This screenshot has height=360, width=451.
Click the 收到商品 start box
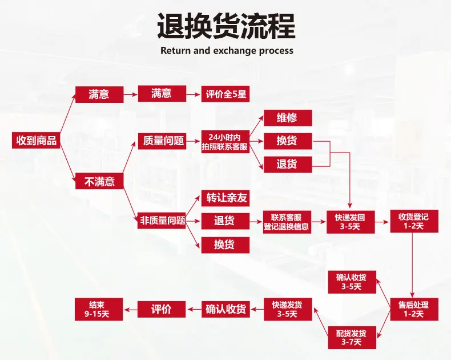tap(37, 141)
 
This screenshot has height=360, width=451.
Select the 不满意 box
tap(99, 182)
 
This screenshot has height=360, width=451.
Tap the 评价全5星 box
tap(226, 94)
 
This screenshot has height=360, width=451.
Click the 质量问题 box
tap(162, 141)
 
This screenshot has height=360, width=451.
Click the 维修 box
tap(287, 118)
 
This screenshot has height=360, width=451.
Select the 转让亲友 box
tap(226, 198)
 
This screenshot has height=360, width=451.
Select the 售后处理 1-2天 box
tap(414, 309)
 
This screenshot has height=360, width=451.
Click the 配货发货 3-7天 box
tap(352, 338)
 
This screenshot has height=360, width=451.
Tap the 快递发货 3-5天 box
tap(287, 309)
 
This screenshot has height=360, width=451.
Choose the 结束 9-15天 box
tap(99, 309)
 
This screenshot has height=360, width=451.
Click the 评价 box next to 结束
tap(162, 309)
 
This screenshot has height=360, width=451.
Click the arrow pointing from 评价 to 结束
tap(131, 309)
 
